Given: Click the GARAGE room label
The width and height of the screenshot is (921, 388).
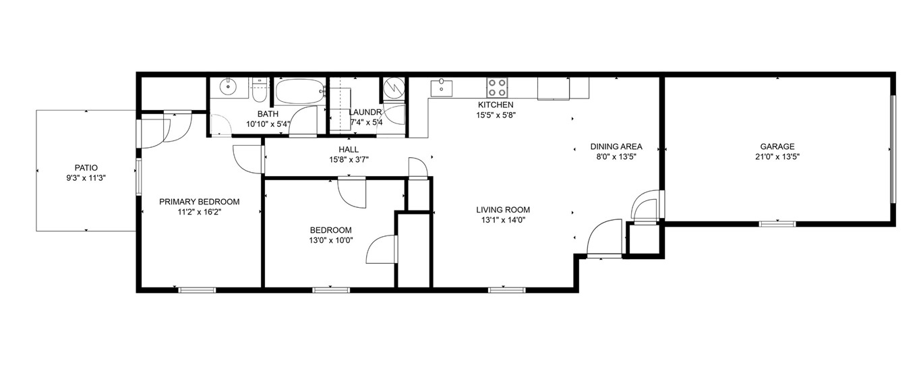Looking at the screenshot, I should [x=777, y=146].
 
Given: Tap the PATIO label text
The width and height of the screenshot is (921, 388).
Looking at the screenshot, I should [x=86, y=168].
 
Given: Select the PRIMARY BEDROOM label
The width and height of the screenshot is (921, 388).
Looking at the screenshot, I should [x=199, y=202].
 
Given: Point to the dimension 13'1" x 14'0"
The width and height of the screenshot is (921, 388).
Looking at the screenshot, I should [x=502, y=220].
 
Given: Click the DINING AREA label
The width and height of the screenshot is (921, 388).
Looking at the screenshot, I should [x=616, y=146].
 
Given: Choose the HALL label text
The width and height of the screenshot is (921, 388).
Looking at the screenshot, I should [x=349, y=150].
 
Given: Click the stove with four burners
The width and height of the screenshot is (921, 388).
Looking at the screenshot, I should [x=498, y=87].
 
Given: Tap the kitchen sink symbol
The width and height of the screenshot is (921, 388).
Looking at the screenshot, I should [x=442, y=87].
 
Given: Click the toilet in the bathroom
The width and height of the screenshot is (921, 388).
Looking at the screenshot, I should [x=260, y=88].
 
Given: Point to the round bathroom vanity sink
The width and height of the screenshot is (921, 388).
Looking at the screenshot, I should [x=229, y=86].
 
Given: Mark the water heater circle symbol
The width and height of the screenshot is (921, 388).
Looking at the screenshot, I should [x=393, y=88].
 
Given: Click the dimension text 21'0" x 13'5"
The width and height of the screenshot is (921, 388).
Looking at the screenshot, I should [x=777, y=157].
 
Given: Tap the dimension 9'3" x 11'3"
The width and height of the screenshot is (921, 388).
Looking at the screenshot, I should [x=86, y=178].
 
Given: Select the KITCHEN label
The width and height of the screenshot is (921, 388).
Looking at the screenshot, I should [x=496, y=105].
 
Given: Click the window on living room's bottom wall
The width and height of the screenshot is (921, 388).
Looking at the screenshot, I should [x=506, y=290].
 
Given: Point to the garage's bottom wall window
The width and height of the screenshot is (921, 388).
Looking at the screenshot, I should [x=777, y=223].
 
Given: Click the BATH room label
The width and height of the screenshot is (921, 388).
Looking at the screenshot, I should [x=268, y=114].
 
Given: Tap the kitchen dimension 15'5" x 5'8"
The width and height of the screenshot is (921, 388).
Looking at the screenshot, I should [x=496, y=115].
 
